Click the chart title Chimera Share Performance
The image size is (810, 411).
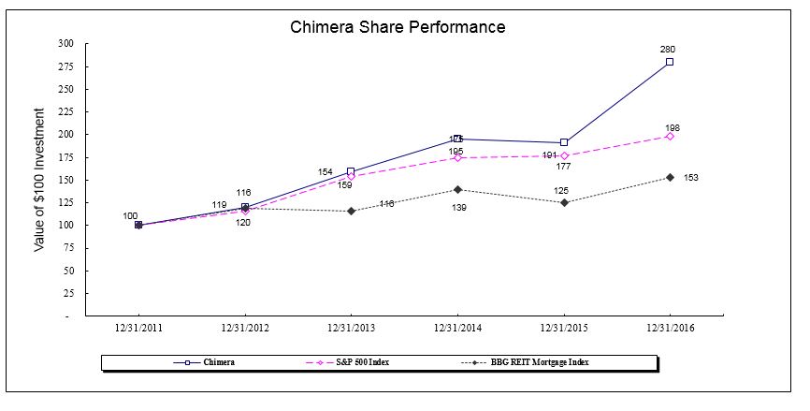coord(397,27)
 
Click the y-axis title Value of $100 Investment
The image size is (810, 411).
coord(39,180)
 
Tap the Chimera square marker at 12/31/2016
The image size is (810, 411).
coord(670,62)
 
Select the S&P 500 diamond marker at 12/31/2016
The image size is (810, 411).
coord(670,136)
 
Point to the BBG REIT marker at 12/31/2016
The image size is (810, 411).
coord(670,177)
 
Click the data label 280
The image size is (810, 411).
coord(668,49)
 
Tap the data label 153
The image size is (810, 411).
coord(690,177)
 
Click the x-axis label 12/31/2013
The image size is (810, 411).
coord(351,328)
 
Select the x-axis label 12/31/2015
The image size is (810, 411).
coord(564,328)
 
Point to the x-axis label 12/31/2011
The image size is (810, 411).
coord(138,328)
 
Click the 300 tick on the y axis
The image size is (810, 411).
coord(65,43)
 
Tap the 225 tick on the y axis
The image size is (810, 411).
coord(65,111)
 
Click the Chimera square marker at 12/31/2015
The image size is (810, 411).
coord(564,142)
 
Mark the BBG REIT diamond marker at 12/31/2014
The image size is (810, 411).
coord(457,189)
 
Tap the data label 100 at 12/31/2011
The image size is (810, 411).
coord(130,216)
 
